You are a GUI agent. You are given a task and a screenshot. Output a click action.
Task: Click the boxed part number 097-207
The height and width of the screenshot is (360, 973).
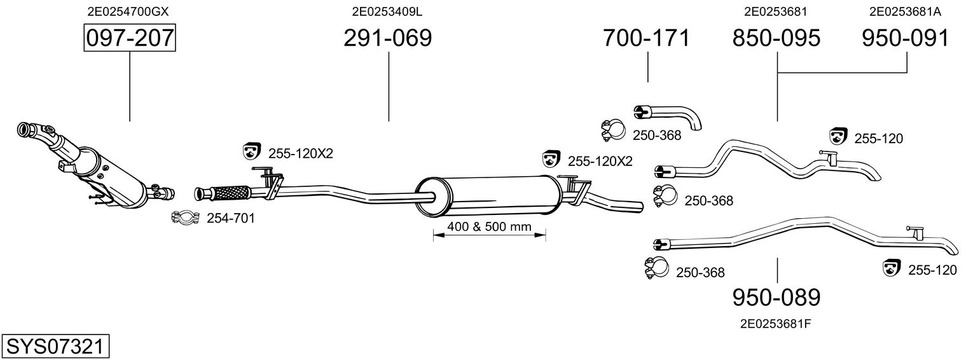coord(130,38)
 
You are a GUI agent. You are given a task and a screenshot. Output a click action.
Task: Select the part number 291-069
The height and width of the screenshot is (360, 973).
coord(387,38)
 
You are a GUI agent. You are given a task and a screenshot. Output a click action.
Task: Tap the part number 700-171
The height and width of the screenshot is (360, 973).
coord(646,38)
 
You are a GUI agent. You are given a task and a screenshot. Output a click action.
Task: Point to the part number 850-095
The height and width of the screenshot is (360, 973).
coord(776,38)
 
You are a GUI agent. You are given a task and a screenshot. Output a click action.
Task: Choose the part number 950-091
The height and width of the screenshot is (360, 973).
coord(906,38)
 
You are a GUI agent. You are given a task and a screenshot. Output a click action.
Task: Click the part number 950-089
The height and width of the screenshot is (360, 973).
coord(776,297)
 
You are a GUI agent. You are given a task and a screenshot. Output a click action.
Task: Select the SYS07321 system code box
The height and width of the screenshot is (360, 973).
coord(55,347)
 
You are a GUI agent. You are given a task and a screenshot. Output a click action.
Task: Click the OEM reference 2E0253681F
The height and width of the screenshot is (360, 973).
coord(775,323)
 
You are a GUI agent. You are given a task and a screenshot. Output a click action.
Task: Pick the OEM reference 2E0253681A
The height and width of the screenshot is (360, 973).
coord(905,11)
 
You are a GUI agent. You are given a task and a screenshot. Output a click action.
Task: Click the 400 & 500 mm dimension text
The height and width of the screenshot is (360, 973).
coord(488,227)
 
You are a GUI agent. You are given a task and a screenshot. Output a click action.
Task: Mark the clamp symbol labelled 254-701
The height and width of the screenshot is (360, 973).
coord(186,218)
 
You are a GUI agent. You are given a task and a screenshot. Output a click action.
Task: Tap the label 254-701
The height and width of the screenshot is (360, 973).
coord(230,219)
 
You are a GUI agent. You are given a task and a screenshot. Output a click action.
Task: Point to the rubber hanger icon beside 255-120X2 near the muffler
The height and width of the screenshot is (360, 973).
coord(551,159)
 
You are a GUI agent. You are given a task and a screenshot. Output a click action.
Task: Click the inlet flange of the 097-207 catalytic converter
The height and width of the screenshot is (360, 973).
coord(27,130)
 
